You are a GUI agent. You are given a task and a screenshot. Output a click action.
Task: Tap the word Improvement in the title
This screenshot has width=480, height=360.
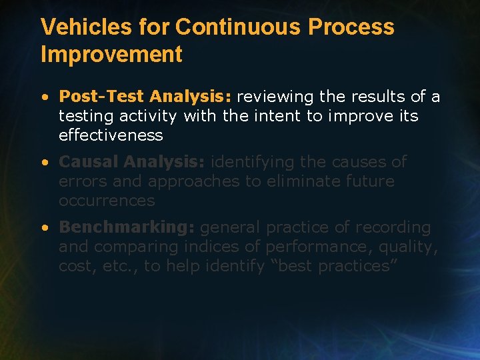coord(111,55)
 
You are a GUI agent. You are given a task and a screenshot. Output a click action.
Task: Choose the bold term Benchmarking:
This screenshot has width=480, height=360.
coord(127,227)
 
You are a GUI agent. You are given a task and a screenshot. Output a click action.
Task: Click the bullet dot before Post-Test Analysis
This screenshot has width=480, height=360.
coord(43,97)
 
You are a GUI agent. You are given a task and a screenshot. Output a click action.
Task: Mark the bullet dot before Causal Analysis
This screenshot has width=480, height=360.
coord(43,163)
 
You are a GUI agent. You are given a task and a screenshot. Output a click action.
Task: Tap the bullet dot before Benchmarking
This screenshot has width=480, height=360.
coord(43,228)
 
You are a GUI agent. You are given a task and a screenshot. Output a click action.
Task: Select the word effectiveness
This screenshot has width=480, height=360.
coord(111,135)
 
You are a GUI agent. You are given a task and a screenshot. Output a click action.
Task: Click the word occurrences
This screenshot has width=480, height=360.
coord(107,201)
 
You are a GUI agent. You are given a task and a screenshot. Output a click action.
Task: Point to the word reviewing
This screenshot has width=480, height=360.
coord(275,97)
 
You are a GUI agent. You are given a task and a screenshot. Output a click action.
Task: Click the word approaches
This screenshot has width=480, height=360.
coord(190,181)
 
